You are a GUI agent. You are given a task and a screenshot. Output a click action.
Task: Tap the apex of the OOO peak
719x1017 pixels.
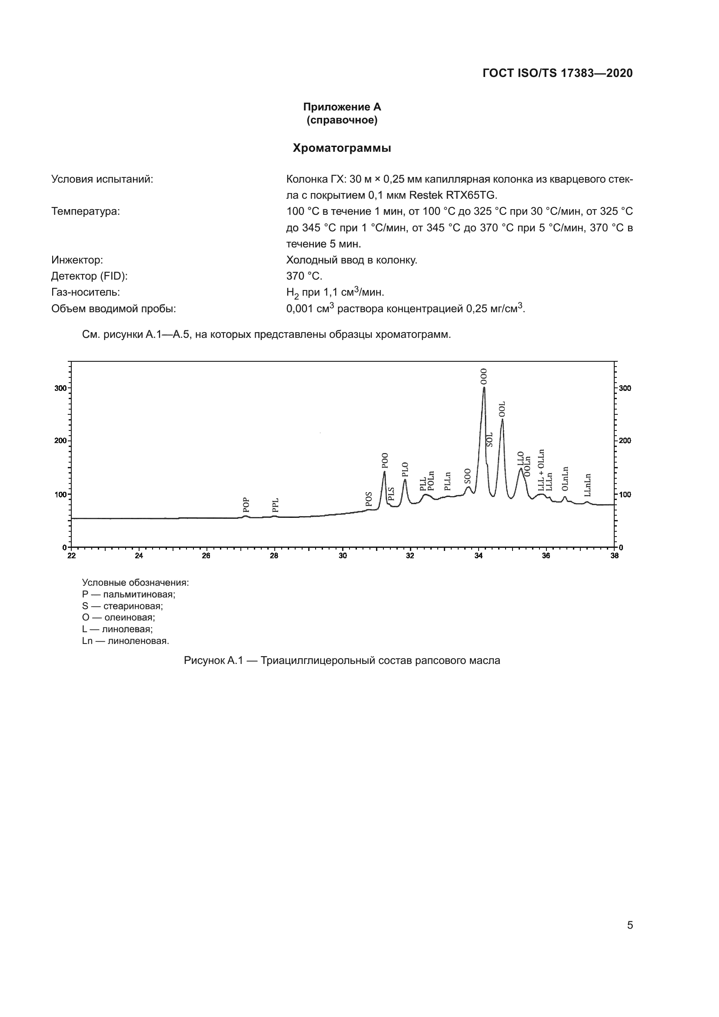[x=484, y=387]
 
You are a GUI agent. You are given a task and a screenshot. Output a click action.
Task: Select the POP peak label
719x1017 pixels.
[x=246, y=504]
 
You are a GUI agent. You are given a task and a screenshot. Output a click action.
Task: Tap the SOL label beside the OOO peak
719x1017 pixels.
[x=489, y=440]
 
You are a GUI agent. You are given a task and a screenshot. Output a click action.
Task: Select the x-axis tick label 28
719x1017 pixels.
[x=274, y=556]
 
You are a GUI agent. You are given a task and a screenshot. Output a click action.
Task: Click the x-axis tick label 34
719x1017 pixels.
[x=479, y=556]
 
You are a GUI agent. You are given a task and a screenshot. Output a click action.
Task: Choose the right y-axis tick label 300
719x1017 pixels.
[x=625, y=388]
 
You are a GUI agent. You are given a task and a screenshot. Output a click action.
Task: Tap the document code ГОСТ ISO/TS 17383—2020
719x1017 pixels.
[x=557, y=73]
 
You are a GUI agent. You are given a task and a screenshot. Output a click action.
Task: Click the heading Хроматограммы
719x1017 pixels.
[x=342, y=148]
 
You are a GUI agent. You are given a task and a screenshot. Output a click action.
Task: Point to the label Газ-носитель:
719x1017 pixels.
[x=86, y=292]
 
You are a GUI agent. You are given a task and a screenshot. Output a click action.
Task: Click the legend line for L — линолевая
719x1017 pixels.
[x=117, y=630]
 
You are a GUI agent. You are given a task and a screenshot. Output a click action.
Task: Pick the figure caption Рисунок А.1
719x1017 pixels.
[x=342, y=661]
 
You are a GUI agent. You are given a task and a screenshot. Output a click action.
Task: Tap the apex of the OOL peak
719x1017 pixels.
[x=502, y=420]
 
